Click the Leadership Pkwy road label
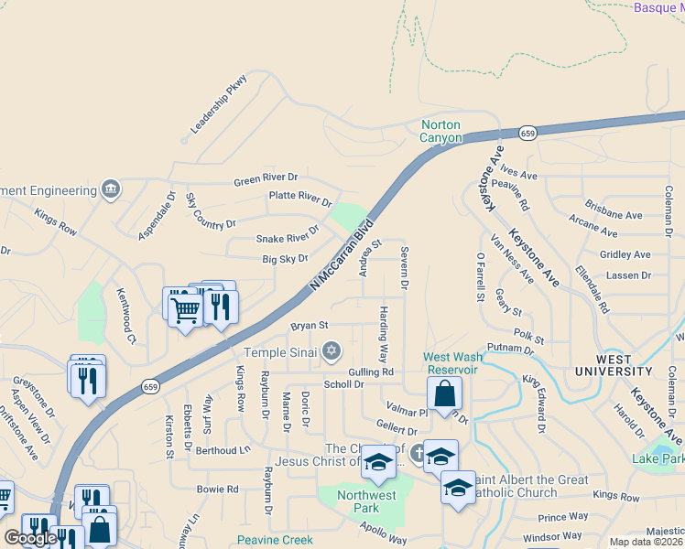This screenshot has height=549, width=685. click(x=219, y=104)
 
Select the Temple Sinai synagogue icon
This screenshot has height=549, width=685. click(x=332, y=351)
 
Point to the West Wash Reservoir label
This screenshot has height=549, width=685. click(x=451, y=363)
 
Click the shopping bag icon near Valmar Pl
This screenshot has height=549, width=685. click(x=444, y=394)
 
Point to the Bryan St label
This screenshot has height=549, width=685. click(x=310, y=325)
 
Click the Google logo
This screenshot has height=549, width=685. click(x=30, y=537)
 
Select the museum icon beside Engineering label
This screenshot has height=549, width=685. click(x=112, y=189)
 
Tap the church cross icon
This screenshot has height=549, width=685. click(x=417, y=451)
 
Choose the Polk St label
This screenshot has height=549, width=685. click(x=523, y=336)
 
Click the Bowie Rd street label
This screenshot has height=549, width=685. click(x=218, y=490)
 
